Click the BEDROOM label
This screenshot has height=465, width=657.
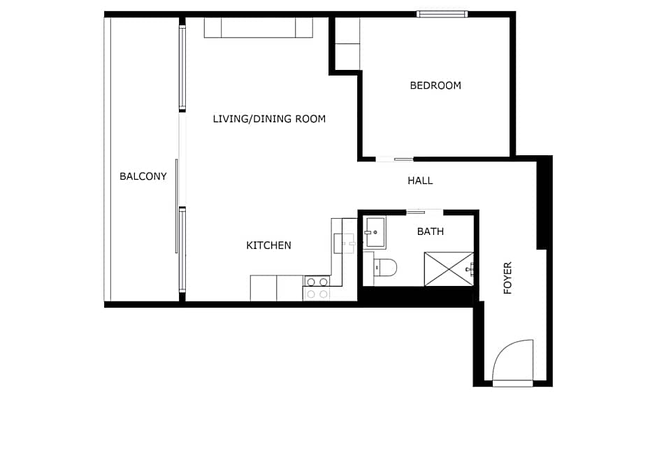point(435,85)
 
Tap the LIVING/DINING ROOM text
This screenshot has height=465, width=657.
point(269,119)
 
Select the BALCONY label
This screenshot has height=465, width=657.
point(143,176)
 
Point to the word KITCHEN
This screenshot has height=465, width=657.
point(268,245)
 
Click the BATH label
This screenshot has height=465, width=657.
point(430,231)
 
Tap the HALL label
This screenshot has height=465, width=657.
point(420,180)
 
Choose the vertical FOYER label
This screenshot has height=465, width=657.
point(508,278)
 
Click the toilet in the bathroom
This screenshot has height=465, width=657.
point(385,267)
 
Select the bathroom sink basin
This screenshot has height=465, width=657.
point(375,232)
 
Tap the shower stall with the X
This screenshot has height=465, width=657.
point(449,269)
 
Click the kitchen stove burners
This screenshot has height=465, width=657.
point(317,288)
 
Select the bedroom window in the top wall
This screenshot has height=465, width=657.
point(442,14)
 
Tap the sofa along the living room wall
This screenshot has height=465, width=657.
point(258,27)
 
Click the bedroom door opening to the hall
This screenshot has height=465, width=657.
point(394,159)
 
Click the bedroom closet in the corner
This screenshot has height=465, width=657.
point(347,43)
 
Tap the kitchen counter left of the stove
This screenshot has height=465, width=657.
point(276,288)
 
